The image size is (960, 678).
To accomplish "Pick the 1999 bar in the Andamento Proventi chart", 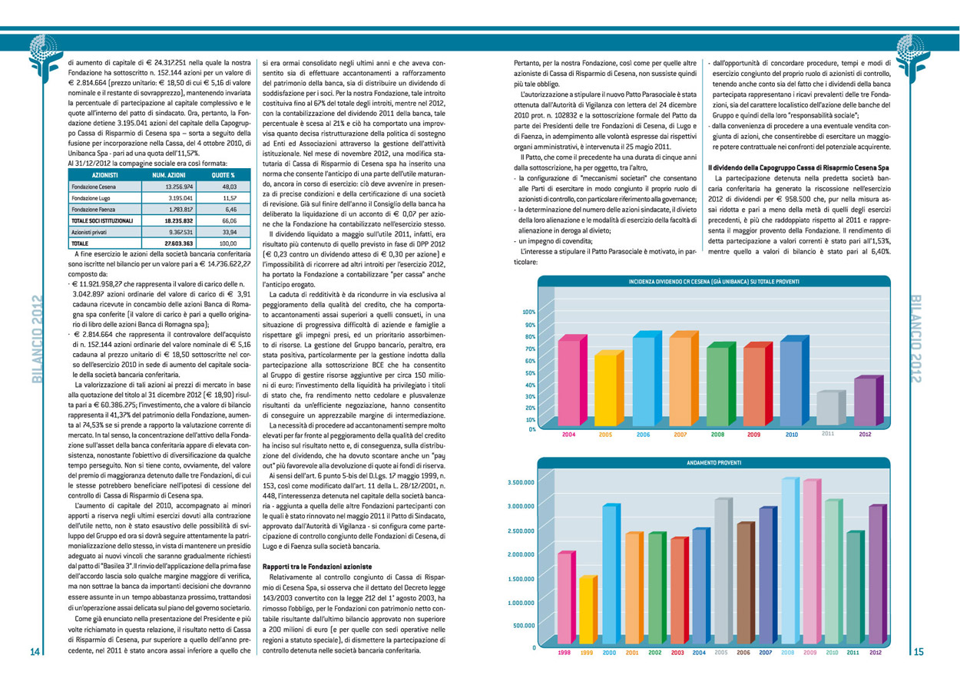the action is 588,610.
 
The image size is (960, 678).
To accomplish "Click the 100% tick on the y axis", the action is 529,312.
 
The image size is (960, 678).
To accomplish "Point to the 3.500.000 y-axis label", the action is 521,482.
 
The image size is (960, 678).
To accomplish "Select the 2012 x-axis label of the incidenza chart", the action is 865,434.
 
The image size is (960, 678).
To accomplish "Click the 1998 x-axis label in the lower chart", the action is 564,653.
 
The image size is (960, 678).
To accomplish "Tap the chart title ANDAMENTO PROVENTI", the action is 714,463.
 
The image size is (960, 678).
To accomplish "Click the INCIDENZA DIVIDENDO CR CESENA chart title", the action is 714,282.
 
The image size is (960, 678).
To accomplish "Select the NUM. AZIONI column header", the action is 169,175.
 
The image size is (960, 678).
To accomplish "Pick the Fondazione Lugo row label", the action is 91,198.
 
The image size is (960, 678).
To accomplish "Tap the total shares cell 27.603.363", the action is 179,243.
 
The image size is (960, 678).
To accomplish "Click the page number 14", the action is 35,651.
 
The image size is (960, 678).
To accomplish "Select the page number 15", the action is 919,651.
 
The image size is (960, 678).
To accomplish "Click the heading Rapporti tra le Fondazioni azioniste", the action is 317,567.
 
